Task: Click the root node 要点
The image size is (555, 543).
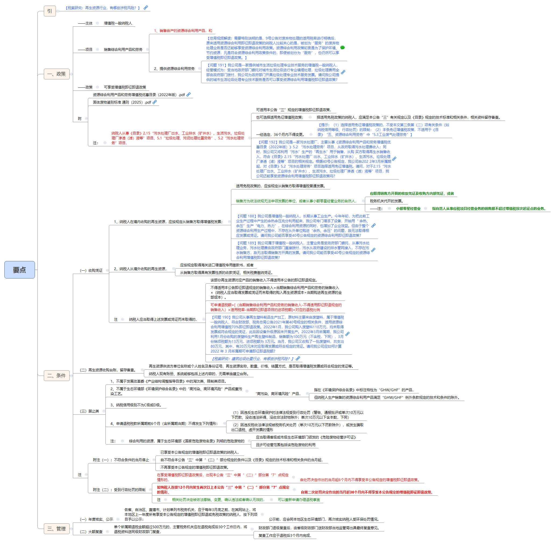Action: tap(19, 270)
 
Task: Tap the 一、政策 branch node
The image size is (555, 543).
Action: tap(56, 74)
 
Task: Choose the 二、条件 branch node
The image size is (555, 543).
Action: tap(56, 376)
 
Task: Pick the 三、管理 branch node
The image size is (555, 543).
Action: tap(56, 529)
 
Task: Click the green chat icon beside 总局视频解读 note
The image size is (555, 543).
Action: tap(342, 48)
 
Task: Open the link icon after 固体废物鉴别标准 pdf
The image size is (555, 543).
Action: tap(155, 102)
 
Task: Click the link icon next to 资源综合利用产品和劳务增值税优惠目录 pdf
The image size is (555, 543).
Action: tap(188, 94)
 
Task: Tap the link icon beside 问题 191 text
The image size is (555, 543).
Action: tap(343, 72)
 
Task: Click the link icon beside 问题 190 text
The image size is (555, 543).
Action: tap(347, 334)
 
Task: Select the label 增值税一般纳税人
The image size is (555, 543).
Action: tap(118, 23)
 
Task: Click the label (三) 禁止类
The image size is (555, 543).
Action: tap(90, 411)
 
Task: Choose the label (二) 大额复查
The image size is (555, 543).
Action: tap(91, 532)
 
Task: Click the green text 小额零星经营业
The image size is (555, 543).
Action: tap(408, 209)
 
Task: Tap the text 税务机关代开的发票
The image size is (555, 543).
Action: tap(386, 201)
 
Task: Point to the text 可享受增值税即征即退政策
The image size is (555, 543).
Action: tap(125, 87)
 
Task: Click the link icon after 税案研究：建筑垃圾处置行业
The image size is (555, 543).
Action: tap(298, 358)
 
